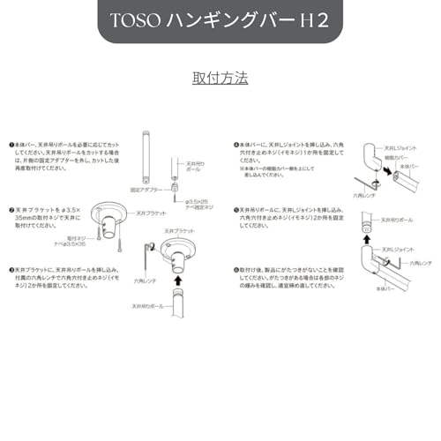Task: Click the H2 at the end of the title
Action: (315, 21)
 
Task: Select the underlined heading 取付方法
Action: (220, 78)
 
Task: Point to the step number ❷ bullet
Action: (11, 209)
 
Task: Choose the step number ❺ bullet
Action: (236, 210)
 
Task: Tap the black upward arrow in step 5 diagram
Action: (367, 235)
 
